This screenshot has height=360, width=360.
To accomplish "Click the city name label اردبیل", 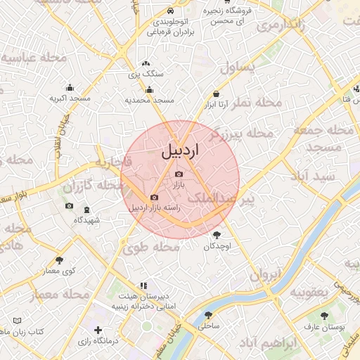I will [181, 150].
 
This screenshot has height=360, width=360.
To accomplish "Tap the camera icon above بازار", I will [179, 174].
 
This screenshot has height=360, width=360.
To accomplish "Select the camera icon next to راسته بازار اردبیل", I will [154, 198].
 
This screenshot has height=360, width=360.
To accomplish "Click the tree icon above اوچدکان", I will [215, 236].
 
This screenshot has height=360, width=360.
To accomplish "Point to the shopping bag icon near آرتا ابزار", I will [216, 94].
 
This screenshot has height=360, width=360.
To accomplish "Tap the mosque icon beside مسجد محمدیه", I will [149, 89].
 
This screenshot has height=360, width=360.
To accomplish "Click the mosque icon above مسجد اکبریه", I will [70, 88].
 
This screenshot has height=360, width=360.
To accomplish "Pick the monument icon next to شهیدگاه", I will [86, 210].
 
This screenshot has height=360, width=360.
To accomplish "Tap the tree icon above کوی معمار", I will [59, 260].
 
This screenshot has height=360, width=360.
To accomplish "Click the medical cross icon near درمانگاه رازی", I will [98, 330].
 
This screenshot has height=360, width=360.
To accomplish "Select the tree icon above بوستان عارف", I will [323, 316].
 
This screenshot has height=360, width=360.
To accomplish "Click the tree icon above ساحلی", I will [208, 315].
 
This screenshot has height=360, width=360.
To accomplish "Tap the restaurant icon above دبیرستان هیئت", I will [143, 285].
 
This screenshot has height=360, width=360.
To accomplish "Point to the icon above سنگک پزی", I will [146, 63].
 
